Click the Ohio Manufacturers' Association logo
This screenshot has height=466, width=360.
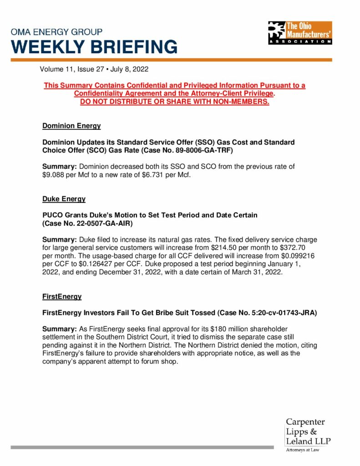coord(299,33)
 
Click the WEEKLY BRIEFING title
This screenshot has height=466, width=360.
coord(94,47)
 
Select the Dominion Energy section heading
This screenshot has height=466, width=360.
coord(71,126)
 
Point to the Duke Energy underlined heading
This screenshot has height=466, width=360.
coord(64,199)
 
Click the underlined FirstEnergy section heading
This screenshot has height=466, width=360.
coord(62,296)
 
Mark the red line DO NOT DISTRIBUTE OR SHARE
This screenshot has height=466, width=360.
coord(175,101)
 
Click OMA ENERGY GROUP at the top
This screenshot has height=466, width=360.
coord(56,32)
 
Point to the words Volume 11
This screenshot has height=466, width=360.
coord(56,70)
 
